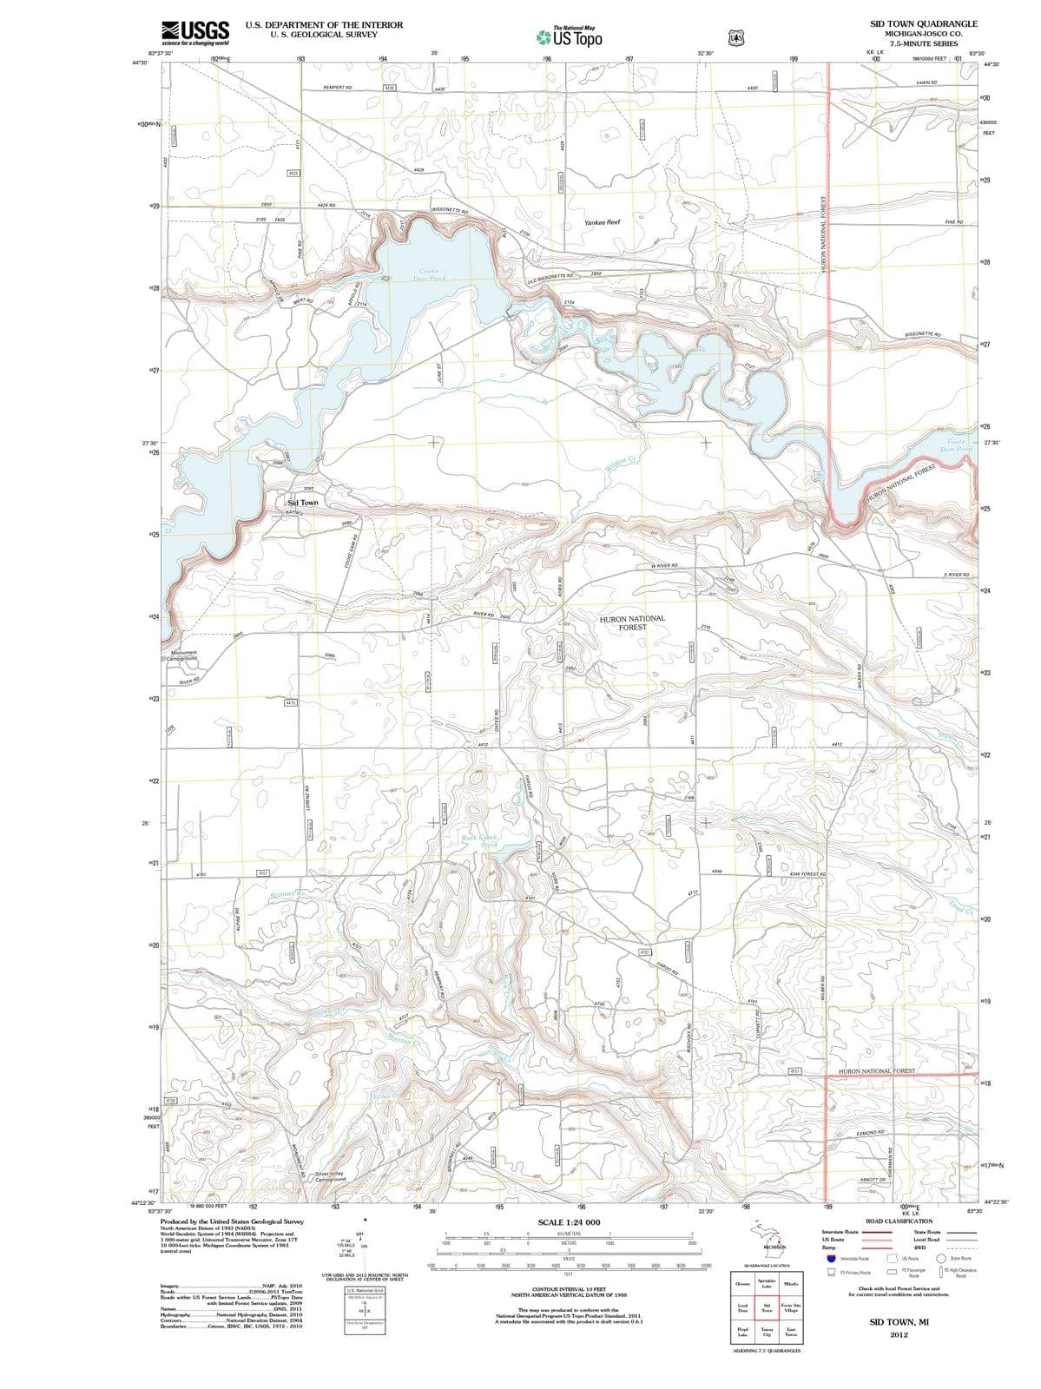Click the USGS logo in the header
click(195, 32)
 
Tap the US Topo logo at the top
click(570, 37)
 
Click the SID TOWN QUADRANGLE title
click(923, 23)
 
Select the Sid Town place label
click(303, 503)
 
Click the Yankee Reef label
click(602, 222)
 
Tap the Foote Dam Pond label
click(959, 445)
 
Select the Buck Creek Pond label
click(478, 840)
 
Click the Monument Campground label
click(183, 655)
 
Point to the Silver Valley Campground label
click(330, 1175)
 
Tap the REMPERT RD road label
click(337, 88)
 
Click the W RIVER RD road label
click(664, 565)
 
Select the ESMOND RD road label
click(870, 1133)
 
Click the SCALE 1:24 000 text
click(569, 1222)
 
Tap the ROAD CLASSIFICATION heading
click(899, 1221)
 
